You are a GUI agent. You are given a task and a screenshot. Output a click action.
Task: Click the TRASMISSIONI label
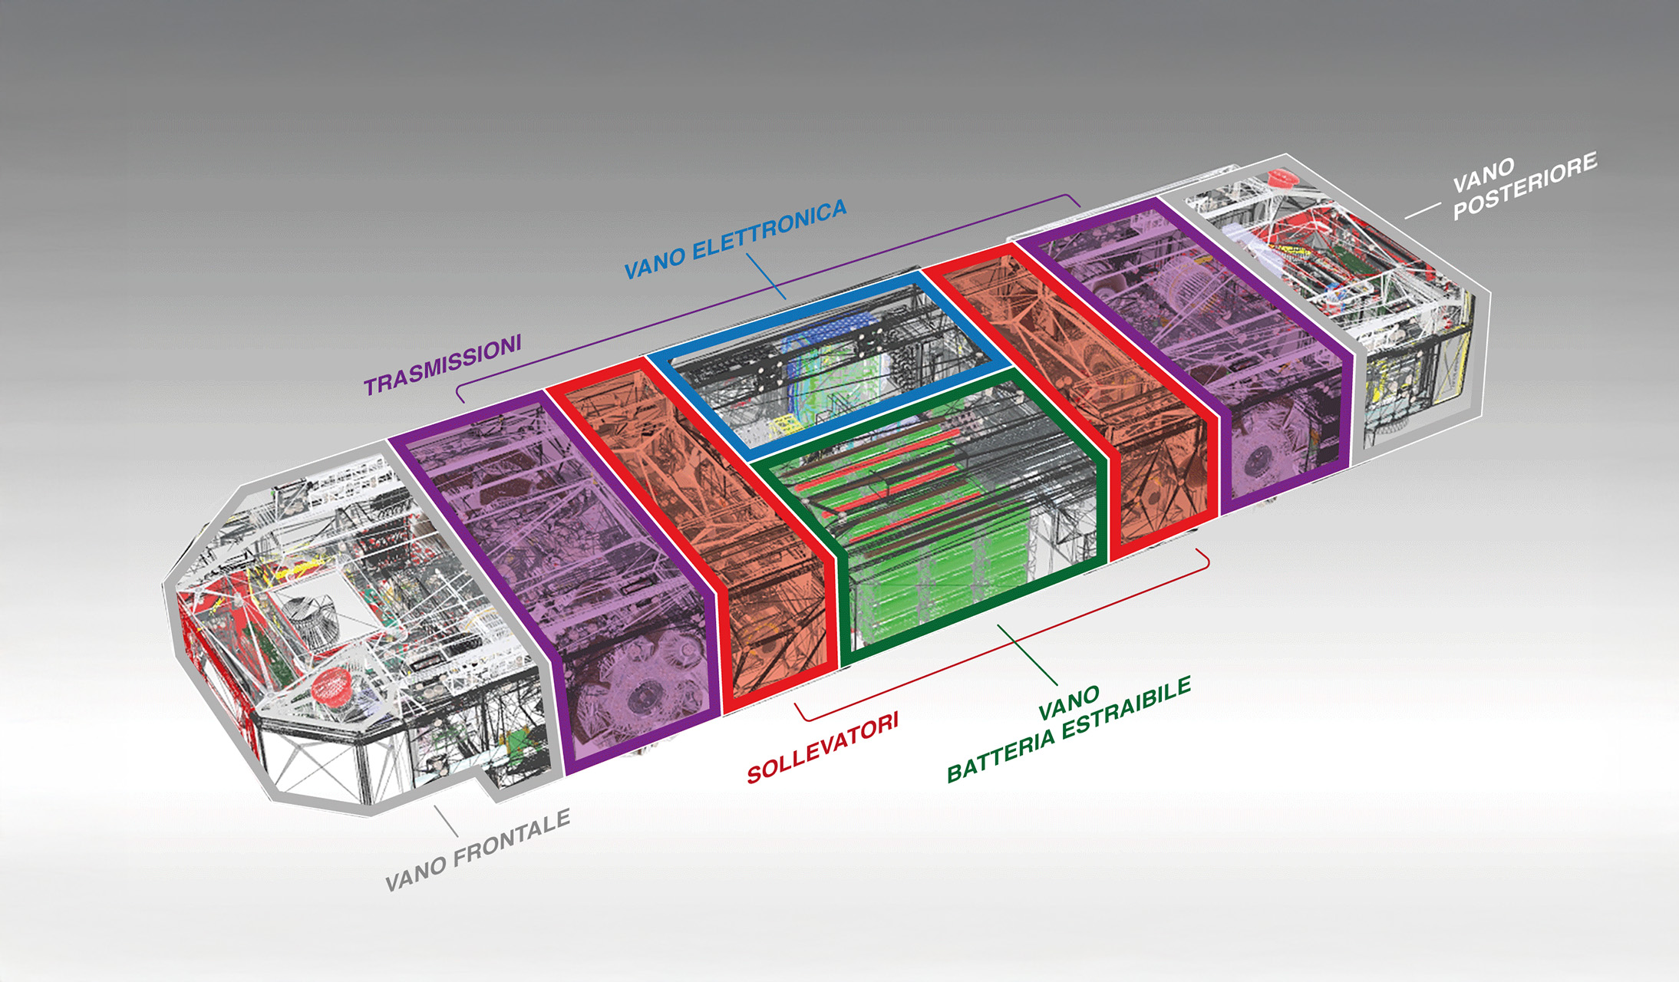[443, 364]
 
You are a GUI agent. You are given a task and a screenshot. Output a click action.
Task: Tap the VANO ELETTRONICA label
[735, 239]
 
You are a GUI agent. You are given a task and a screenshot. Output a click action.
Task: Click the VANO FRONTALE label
[477, 850]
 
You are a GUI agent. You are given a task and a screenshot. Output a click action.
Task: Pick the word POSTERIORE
[1526, 186]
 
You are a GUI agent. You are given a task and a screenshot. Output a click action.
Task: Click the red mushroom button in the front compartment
[332, 685]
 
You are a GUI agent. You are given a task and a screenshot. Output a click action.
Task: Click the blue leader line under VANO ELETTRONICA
[765, 276]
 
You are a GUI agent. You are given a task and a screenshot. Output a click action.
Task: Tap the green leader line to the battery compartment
[1028, 655]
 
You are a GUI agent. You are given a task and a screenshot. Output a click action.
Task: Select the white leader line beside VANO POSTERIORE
[1422, 211]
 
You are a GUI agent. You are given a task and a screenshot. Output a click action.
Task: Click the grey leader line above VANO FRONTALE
[446, 820]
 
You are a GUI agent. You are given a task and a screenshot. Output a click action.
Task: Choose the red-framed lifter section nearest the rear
[1074, 399]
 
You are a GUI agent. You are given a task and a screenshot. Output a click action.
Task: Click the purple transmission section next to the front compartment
[553, 583]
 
